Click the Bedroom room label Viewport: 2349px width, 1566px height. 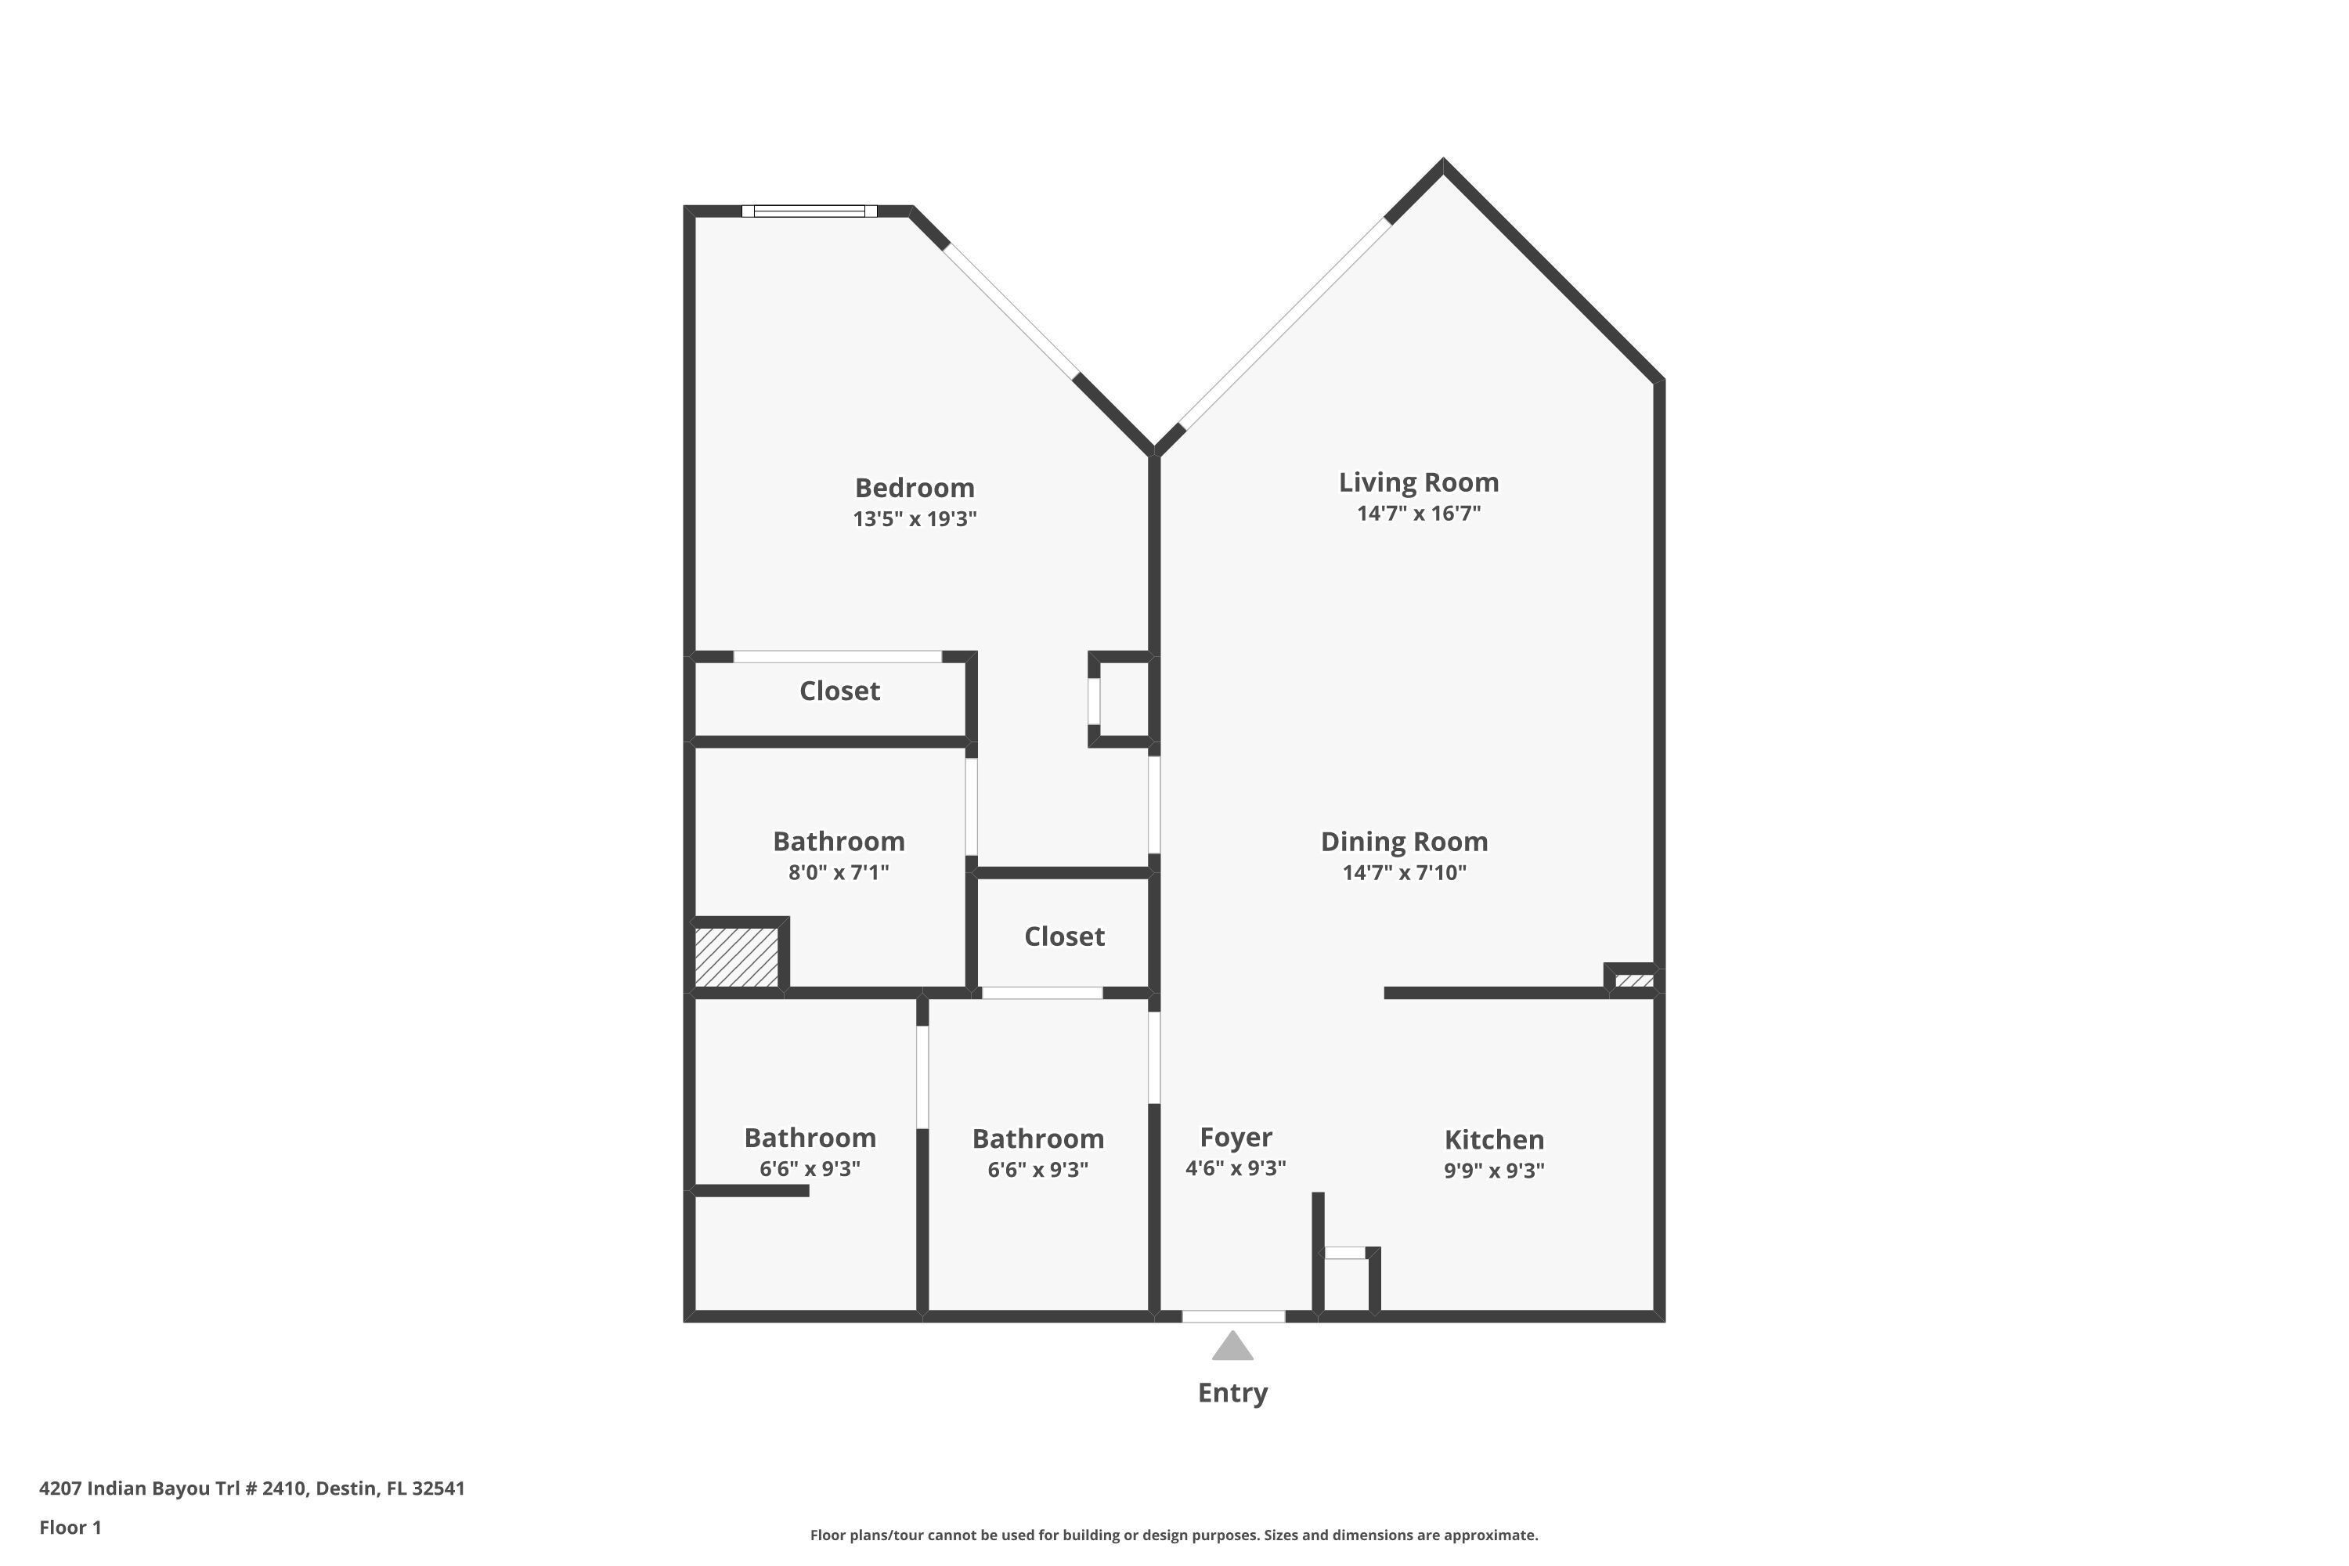(x=914, y=487)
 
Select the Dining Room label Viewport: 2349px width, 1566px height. (x=1404, y=842)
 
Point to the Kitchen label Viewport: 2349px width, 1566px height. (x=1494, y=1139)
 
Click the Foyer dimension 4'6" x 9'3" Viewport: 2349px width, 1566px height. (x=1236, y=1168)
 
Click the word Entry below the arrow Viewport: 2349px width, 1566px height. (x=1232, y=1392)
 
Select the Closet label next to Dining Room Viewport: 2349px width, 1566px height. (x=1065, y=936)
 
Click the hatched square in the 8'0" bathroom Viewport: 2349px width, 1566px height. (x=737, y=957)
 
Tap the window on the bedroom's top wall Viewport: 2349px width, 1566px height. (x=809, y=211)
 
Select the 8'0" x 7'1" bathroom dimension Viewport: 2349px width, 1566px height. (x=838, y=873)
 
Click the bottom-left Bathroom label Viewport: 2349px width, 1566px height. (x=810, y=1138)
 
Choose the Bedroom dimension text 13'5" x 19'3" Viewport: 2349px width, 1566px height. (x=914, y=519)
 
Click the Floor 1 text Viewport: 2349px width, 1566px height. (x=70, y=1527)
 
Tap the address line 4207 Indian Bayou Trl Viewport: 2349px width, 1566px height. (x=251, y=1488)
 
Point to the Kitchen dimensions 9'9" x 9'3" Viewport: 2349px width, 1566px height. (x=1494, y=1171)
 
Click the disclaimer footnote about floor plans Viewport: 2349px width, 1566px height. (x=1174, y=1535)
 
